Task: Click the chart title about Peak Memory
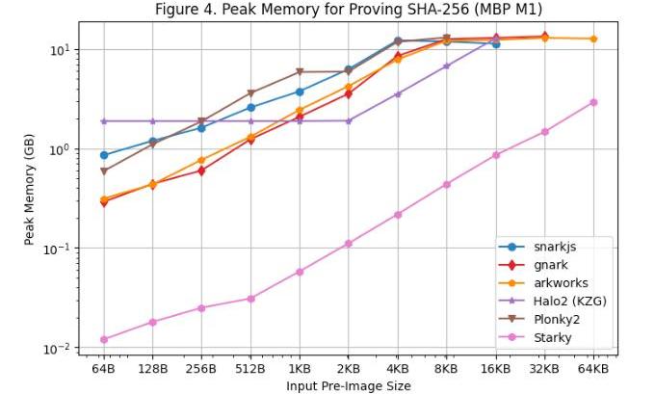[x=348, y=10]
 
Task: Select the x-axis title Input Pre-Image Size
[x=348, y=385]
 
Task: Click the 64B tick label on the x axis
[x=103, y=369]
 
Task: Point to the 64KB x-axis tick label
[x=593, y=369]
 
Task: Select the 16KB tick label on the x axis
[x=495, y=369]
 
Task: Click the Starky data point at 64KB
[x=593, y=102]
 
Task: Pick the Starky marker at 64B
[x=103, y=339]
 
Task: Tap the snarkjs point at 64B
[x=103, y=155]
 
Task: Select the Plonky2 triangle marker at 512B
[x=250, y=93]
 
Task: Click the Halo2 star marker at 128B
[x=152, y=121]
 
